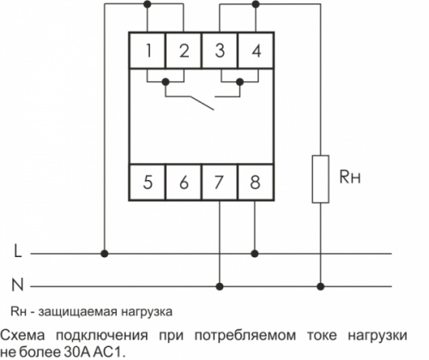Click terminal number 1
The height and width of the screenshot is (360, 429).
(148, 51)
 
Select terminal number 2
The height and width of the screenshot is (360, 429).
(184, 51)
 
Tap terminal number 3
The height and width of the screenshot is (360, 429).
(220, 51)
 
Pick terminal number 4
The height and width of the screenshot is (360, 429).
(256, 51)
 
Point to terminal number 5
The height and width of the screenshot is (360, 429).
(148, 182)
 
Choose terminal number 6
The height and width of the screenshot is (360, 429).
(184, 182)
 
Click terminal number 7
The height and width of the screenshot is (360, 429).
(219, 182)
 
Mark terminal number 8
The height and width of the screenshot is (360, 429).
(255, 182)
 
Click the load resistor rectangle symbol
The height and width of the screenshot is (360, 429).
(320, 179)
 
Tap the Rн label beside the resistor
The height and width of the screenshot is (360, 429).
(349, 177)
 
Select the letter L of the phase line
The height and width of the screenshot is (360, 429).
(18, 251)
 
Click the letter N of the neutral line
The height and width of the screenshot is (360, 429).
(17, 285)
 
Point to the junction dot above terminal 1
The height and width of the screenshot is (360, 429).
(148, 4)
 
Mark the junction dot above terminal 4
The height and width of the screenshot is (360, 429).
(256, 4)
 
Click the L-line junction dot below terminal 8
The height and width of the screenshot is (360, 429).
(255, 254)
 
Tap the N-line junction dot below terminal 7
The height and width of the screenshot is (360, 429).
(220, 286)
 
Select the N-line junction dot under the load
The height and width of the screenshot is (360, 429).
(321, 286)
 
